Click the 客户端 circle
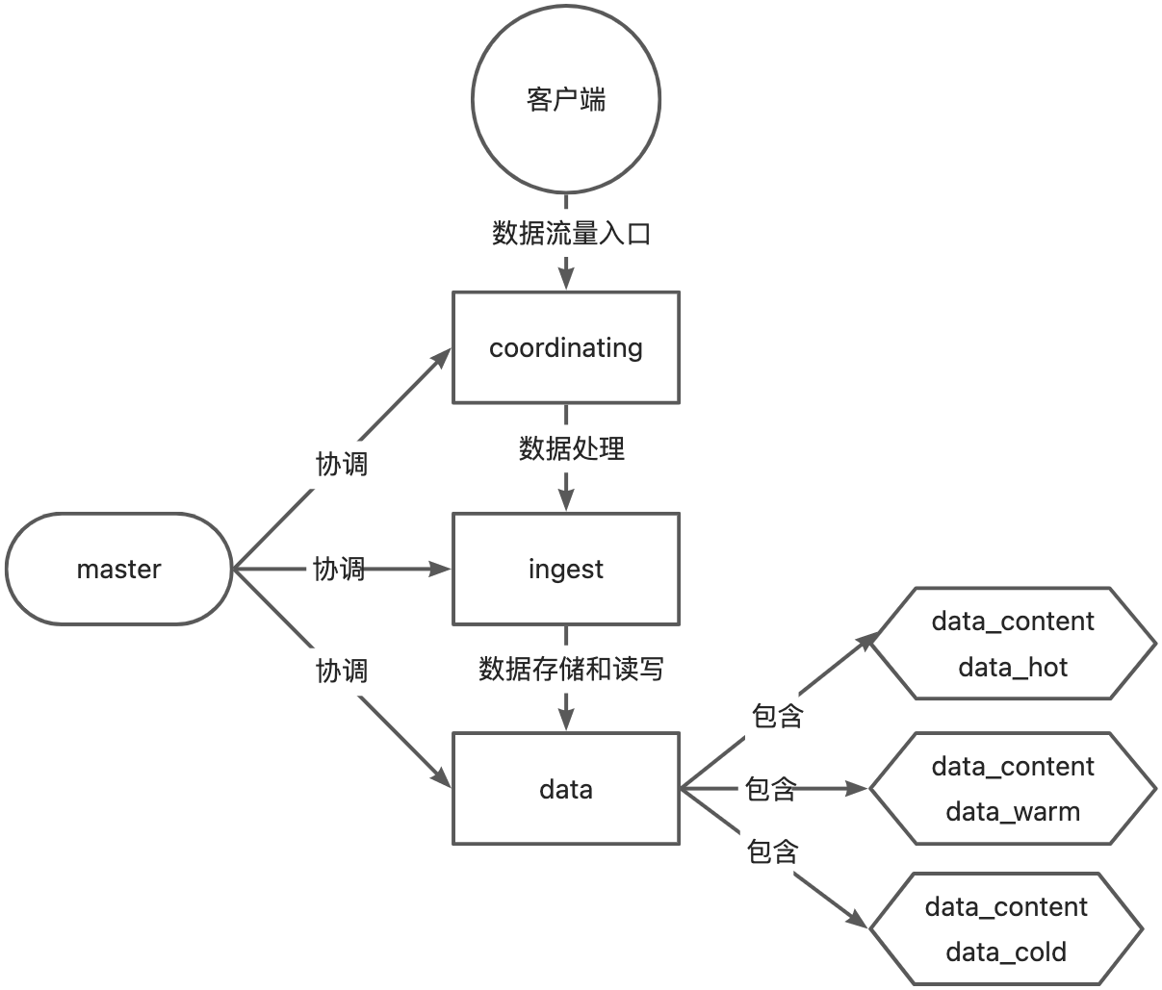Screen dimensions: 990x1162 click(x=566, y=100)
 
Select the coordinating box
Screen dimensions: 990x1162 click(x=566, y=347)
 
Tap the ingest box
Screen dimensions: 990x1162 click(x=566, y=569)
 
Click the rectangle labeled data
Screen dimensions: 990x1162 click(x=566, y=790)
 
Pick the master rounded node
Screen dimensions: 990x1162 click(x=118, y=569)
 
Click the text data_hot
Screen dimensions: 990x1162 click(x=1013, y=668)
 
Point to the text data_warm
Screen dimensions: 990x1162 click(x=1013, y=812)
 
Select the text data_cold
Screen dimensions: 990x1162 click(x=1006, y=952)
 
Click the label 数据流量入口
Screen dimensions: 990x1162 click(x=572, y=233)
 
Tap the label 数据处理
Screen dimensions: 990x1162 click(x=572, y=447)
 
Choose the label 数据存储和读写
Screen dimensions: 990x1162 click(x=571, y=669)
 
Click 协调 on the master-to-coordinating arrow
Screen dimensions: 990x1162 click(x=342, y=464)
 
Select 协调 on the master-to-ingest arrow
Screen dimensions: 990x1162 click(x=339, y=569)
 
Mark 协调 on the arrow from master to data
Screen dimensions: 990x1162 click(x=342, y=671)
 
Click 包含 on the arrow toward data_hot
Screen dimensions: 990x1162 click(x=777, y=716)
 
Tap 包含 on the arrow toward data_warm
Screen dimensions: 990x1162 click(x=770, y=789)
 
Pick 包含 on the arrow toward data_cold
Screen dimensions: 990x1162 click(x=772, y=851)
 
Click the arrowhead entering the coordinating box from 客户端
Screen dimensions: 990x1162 click(x=566, y=280)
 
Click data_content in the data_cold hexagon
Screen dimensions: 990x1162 click(x=1006, y=907)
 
